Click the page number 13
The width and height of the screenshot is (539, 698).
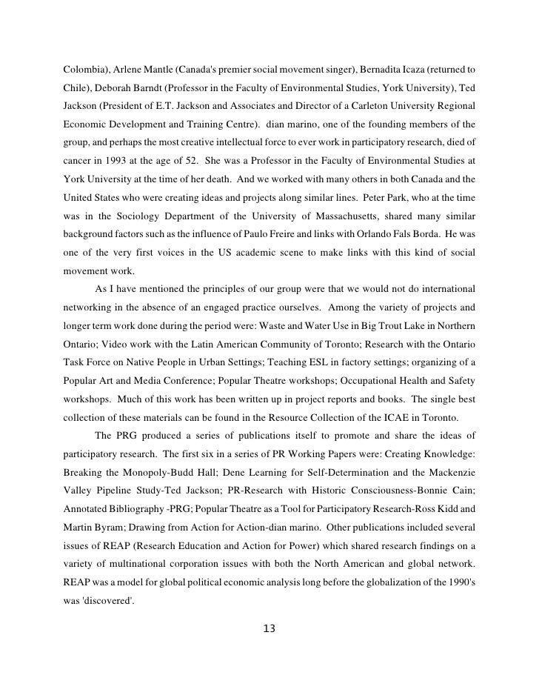click(x=269, y=630)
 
